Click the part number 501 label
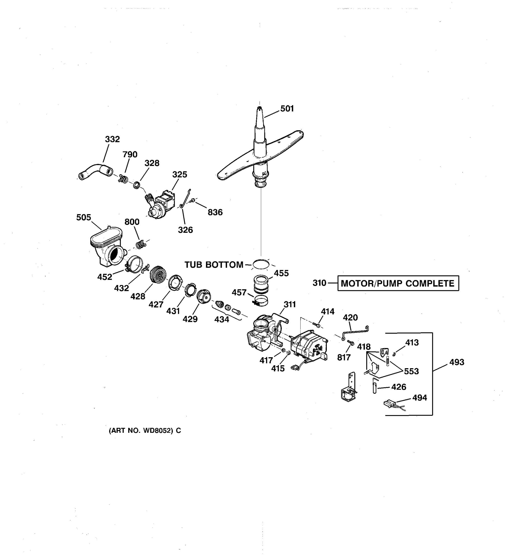coord(287,109)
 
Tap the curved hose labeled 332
coord(95,170)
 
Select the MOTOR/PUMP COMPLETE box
coord(398,283)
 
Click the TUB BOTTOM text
coord(214,265)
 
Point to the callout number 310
coord(319,283)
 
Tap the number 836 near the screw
coord(215,213)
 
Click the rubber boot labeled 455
coord(261,283)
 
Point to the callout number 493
coord(457,362)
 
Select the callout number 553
coord(411,371)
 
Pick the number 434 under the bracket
coord(221,319)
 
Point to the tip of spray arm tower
coord(260,108)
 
